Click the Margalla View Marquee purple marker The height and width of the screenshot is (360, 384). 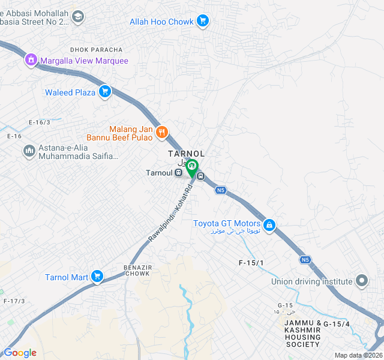pos(31,61)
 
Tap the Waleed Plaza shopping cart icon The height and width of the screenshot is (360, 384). pos(105,92)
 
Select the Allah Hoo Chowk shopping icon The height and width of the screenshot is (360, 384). pos(203,22)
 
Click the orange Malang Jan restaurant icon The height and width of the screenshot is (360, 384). pos(161,133)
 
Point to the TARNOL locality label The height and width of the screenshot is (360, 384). pos(186,154)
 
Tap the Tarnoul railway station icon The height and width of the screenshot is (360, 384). pos(179,173)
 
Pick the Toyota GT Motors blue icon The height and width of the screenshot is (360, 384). pos(270,224)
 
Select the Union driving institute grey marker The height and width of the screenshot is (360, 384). pos(362,281)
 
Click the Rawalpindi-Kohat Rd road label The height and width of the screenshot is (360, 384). pos(170,210)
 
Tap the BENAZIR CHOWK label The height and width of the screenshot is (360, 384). pos(126,270)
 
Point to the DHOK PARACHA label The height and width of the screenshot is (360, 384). pos(96,49)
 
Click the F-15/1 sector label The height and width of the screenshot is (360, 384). pos(251,263)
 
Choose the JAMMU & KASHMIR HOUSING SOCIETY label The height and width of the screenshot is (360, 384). pos(303,334)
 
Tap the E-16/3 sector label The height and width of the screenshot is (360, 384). pos(39,122)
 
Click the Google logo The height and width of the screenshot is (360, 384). pos(20,353)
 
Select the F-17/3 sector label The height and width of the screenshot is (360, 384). pos(14,301)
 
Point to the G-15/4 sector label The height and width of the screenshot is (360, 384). pos(336,324)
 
